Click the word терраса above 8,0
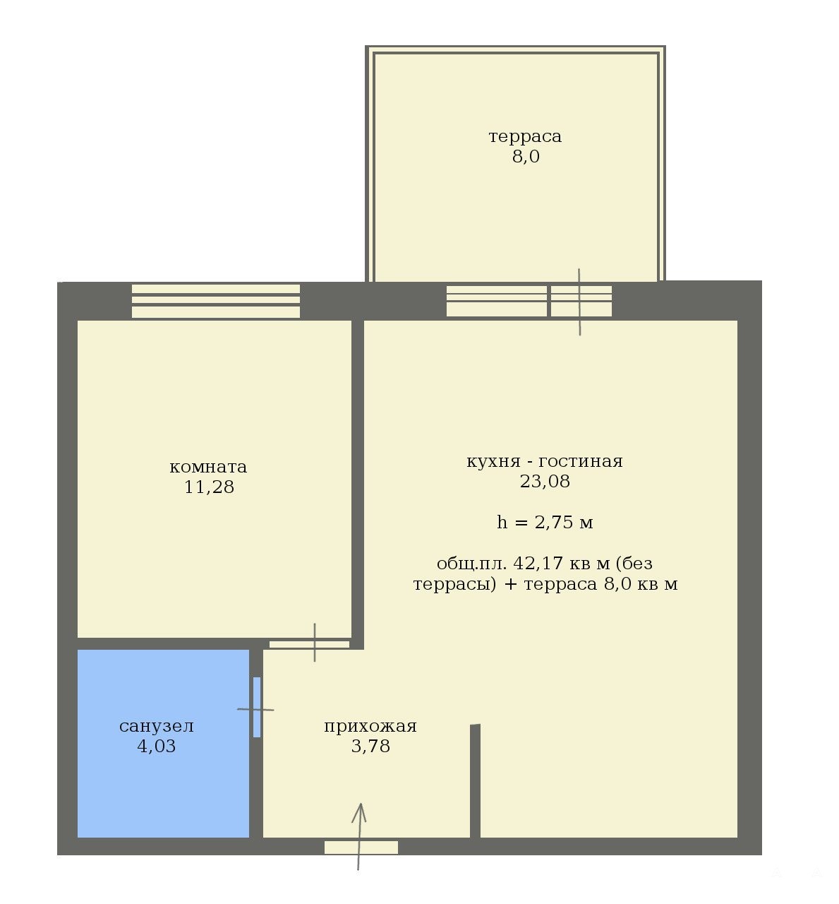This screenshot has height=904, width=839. click(525, 137)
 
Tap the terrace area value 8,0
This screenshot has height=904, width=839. click(526, 157)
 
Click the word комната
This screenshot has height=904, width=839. click(208, 467)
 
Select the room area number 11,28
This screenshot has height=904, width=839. click(209, 487)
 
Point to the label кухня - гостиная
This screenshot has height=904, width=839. click(545, 462)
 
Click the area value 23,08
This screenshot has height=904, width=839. click(545, 482)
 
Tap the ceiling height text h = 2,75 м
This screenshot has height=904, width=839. click(545, 522)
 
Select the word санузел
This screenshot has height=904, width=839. click(157, 727)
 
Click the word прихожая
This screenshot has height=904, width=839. click(370, 727)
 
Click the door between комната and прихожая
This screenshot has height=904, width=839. click(309, 644)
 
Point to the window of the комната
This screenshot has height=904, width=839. click(216, 301)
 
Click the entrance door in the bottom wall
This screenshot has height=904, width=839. click(361, 847)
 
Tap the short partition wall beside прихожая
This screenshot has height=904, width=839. click(475, 781)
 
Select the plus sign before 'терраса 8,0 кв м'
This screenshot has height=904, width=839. click(510, 584)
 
